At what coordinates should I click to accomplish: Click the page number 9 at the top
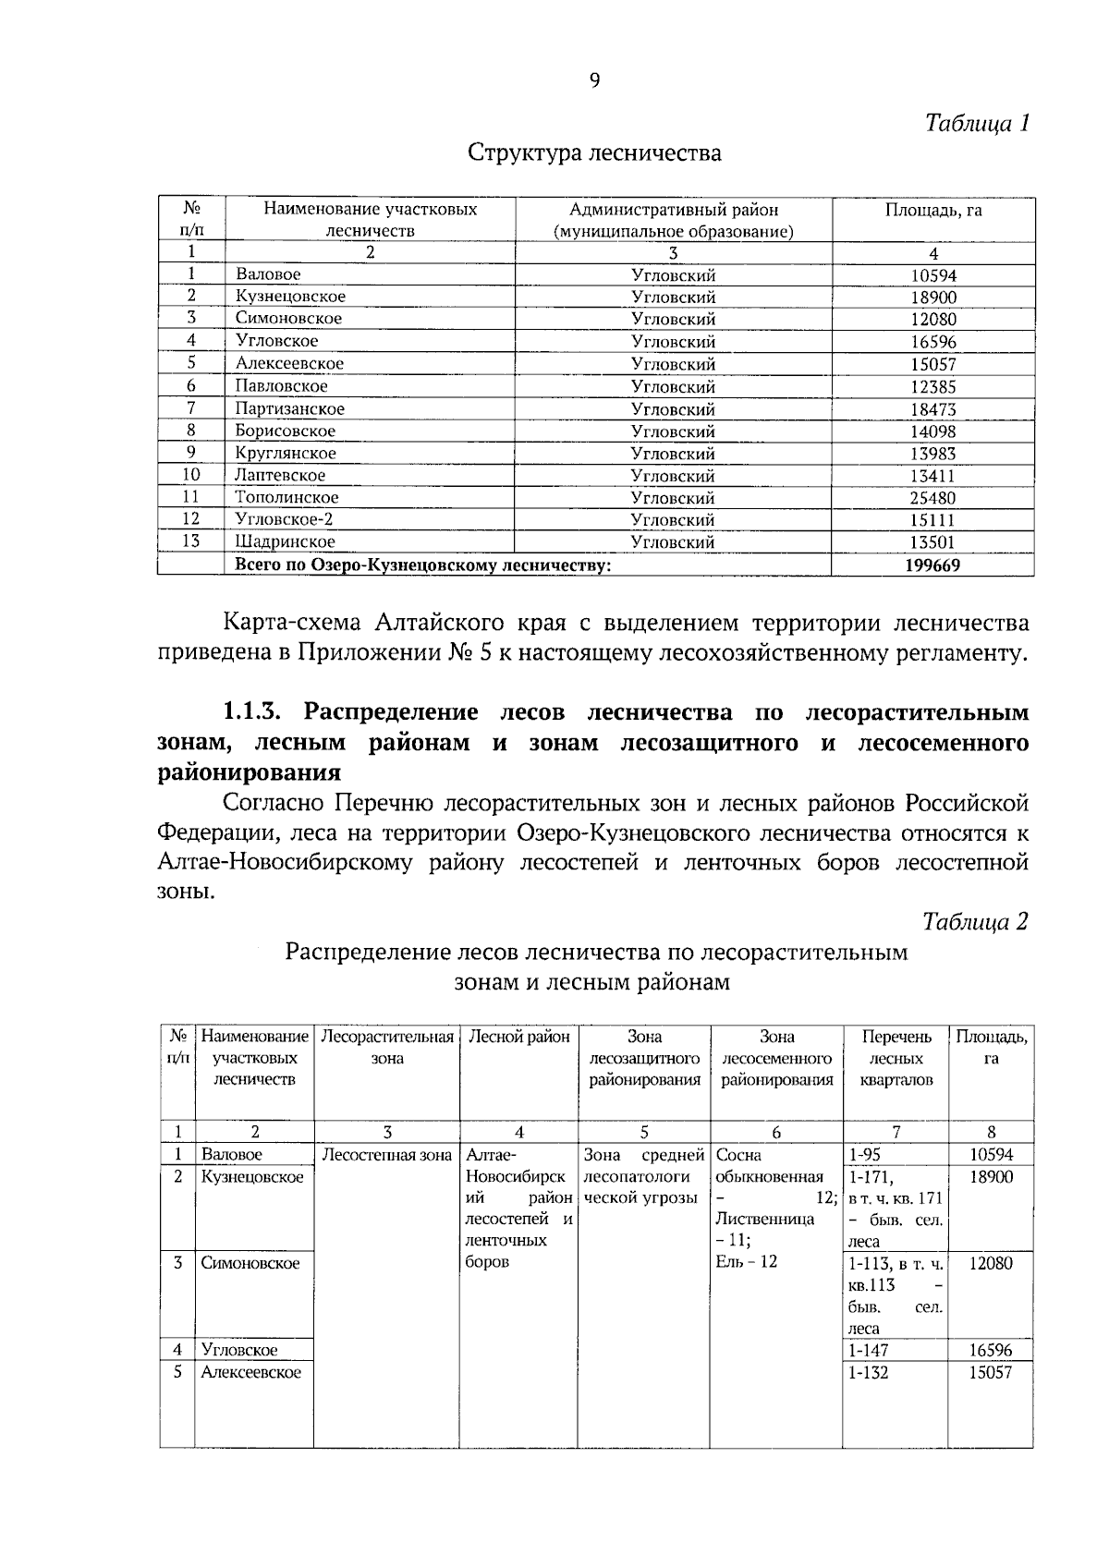pos(594,81)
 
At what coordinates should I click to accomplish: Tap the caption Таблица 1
pos(977,123)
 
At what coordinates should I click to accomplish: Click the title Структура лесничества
pos(594,152)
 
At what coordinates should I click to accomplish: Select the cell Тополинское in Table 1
pos(286,498)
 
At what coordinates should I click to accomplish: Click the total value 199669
pos(932,565)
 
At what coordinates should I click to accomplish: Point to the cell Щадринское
pos(285,542)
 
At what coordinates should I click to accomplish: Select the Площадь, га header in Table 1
pos(933,210)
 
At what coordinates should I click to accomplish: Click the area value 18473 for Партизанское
pos(932,409)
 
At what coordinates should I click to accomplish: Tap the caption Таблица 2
pos(975,922)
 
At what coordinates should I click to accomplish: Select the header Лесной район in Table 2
pos(519,1037)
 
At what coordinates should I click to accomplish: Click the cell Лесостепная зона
pos(386,1155)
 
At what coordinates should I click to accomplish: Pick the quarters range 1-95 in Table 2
pos(865,1155)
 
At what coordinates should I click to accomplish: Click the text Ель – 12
pos(747,1262)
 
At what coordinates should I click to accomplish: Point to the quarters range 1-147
pos(869,1351)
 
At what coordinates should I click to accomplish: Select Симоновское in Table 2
pos(250,1263)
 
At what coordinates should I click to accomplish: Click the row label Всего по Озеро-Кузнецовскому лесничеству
pos(423,565)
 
